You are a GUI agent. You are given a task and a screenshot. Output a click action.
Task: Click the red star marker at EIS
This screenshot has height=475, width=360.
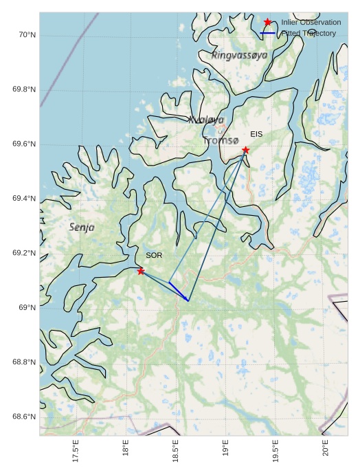tap(245, 150)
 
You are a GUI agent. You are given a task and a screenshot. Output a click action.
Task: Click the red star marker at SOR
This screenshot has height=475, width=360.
tap(141, 271)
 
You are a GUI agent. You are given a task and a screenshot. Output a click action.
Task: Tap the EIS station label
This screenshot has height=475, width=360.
tap(256, 134)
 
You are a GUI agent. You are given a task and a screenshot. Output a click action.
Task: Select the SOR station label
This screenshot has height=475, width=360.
tap(154, 255)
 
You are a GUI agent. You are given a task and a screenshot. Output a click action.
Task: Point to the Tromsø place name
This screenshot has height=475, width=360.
tap(221, 140)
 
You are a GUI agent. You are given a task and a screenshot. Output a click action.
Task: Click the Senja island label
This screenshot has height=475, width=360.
tap(82, 226)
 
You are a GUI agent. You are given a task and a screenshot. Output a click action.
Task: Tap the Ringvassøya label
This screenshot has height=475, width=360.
tap(239, 55)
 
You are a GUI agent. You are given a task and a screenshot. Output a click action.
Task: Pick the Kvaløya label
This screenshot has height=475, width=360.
tap(206, 120)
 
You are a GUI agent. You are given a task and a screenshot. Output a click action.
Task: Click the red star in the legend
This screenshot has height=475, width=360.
tap(267, 22)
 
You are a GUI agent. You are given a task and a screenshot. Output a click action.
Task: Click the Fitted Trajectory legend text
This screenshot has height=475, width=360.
tap(308, 33)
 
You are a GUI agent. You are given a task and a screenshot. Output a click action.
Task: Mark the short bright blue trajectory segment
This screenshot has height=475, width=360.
tap(179, 291)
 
